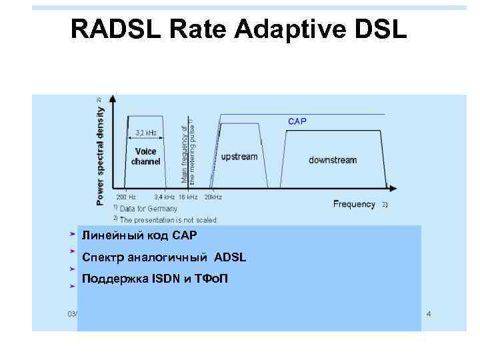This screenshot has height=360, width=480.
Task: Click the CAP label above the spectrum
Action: [297, 121]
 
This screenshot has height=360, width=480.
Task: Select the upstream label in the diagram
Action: [239, 157]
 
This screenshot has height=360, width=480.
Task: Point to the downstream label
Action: [333, 160]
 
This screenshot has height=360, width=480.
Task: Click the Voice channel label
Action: [145, 157]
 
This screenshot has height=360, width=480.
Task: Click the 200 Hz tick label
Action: [125, 197]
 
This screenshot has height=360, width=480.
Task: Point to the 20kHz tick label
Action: [213, 197]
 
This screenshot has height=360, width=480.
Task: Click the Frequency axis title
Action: [354, 204]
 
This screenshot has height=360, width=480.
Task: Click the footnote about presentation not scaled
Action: [168, 219]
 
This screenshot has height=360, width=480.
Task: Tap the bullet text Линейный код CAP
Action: [139, 236]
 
